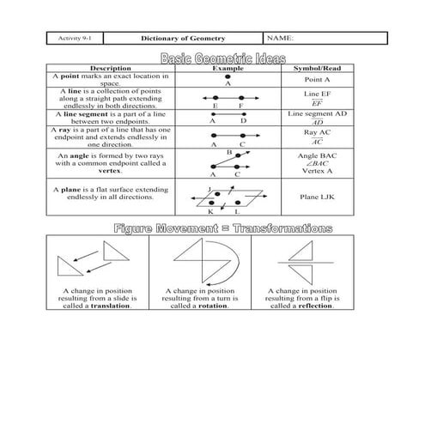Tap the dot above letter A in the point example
[x=228, y=76]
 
